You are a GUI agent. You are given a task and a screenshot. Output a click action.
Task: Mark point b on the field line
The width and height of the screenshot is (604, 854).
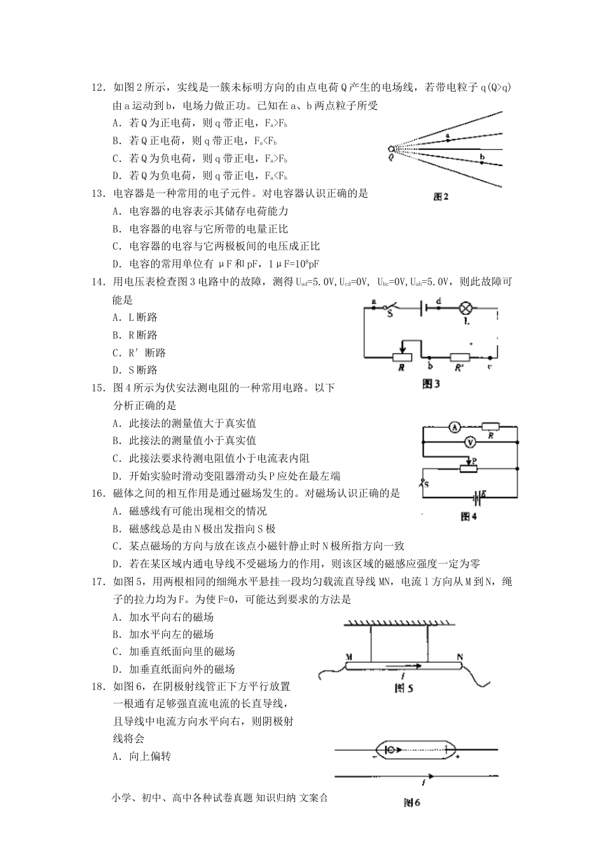pos(482,162)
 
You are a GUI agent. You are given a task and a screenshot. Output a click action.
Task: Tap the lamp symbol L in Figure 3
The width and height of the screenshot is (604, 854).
pos(466,309)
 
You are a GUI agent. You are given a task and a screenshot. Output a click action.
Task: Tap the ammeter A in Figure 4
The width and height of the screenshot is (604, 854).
pos(455,428)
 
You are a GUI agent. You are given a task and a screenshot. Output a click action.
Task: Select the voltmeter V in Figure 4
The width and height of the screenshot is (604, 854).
pos(470,442)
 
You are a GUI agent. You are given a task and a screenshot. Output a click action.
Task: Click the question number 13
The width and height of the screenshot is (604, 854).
pos(98,194)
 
